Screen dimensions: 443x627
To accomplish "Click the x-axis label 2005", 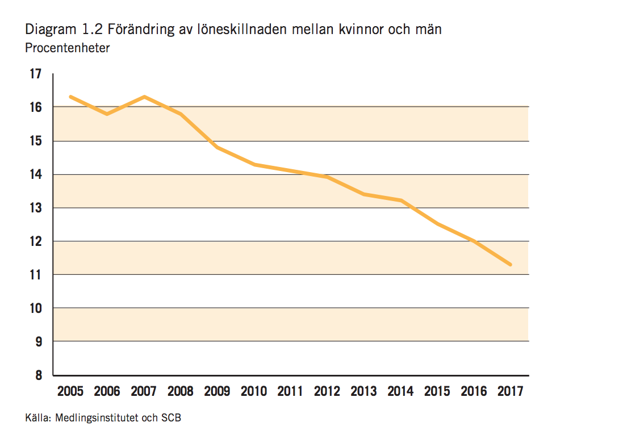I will point(70,391).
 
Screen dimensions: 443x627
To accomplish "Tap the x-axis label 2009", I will point(217,391).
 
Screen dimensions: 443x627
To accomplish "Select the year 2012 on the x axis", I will point(327,391).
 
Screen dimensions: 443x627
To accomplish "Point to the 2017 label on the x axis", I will point(511,391).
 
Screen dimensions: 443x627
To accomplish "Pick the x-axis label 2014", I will point(400,391).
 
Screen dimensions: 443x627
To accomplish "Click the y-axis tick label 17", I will point(35,74).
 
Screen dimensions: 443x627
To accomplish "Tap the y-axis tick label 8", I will point(38,375).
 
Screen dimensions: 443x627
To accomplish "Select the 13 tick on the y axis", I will point(35,208).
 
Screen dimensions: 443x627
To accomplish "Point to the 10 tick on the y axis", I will point(35,308).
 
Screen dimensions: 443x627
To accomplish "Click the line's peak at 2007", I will point(144,97).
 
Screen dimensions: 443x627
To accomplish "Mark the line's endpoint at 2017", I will point(511,265).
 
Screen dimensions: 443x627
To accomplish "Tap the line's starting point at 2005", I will point(70,97).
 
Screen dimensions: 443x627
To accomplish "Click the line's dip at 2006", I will point(107,114).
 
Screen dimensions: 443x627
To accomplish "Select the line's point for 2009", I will point(217,147).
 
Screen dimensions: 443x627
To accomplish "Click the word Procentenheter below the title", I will point(68,48).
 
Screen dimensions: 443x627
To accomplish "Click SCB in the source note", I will point(172,419).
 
